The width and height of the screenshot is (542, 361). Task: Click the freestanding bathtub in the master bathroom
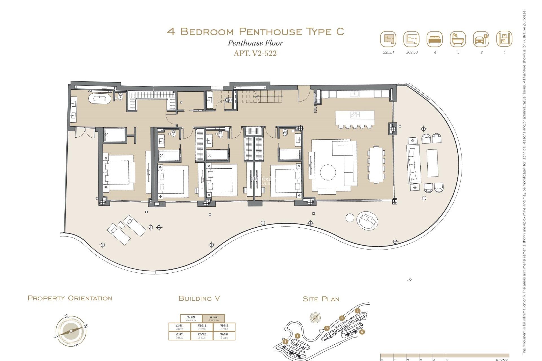(99, 99)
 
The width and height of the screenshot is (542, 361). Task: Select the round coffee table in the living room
(328, 172)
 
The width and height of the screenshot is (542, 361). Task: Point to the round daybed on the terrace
(367, 220)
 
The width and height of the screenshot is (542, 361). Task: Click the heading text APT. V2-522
(255, 53)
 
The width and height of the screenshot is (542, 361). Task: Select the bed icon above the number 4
(435, 39)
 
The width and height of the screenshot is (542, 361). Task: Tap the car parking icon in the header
(481, 39)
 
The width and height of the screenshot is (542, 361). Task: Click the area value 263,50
(412, 52)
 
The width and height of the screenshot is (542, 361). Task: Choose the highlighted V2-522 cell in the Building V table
(213, 318)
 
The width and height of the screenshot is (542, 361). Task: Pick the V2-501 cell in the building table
(180, 336)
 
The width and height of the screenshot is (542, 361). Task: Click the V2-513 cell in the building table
(224, 327)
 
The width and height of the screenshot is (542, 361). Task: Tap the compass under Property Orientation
(71, 331)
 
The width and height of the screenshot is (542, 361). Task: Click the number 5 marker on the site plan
(358, 311)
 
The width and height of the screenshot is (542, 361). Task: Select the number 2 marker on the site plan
(285, 342)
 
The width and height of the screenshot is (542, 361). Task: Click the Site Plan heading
(321, 299)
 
